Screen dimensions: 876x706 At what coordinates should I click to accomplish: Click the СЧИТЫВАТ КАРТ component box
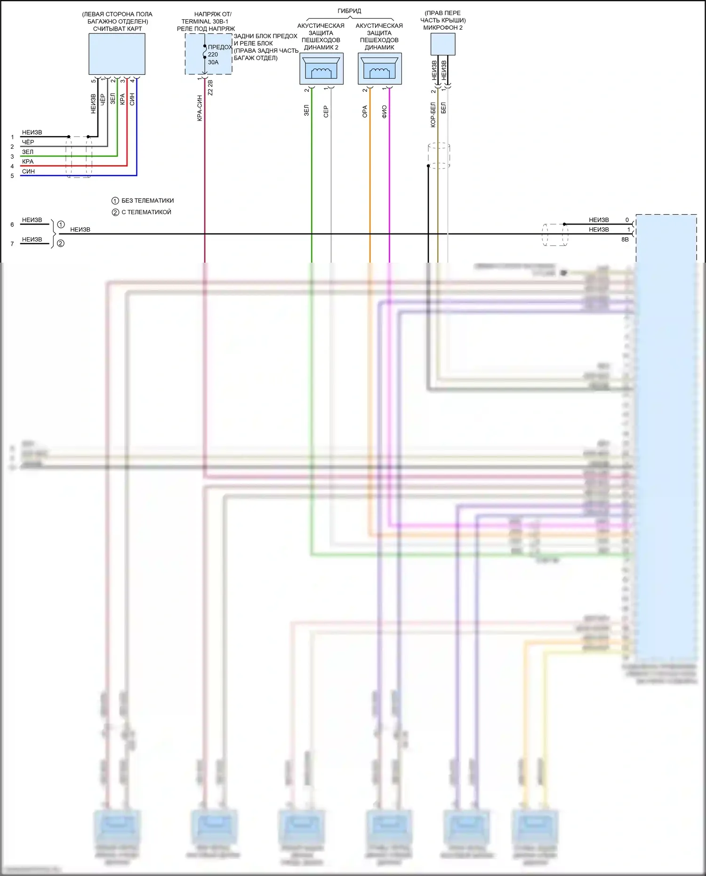coord(117,54)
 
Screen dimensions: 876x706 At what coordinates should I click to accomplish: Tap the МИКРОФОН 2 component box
coord(442,44)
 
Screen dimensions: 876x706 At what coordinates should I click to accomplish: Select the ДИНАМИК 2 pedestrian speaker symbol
coord(321,69)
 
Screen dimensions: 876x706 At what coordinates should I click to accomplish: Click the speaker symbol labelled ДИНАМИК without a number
coord(379,69)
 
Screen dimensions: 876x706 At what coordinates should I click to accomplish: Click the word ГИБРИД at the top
coord(349,11)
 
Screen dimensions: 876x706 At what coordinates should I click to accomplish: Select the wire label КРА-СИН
coord(200,108)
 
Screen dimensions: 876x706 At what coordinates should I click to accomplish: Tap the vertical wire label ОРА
coord(365,112)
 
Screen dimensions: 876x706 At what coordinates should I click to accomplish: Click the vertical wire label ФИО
coord(384,112)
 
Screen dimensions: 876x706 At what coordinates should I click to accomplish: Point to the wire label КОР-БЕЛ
coord(433,115)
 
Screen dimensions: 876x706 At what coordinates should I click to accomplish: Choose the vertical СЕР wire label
coord(326,112)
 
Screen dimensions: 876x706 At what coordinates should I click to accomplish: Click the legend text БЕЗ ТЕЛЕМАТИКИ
coord(147,201)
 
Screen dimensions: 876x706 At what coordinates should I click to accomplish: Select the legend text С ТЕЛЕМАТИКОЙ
coord(146,212)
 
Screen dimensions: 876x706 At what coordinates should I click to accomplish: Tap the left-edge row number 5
coord(12,176)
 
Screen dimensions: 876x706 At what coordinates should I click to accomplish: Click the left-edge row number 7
coord(12,244)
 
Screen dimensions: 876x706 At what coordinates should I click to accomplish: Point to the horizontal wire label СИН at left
coord(28,171)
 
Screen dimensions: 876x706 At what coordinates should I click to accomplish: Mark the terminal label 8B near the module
coord(625,240)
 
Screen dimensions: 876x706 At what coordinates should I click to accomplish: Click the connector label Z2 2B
coord(210,88)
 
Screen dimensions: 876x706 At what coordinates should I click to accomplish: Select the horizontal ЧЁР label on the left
coord(28,142)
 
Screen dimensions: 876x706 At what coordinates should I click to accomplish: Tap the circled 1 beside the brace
coord(61,225)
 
